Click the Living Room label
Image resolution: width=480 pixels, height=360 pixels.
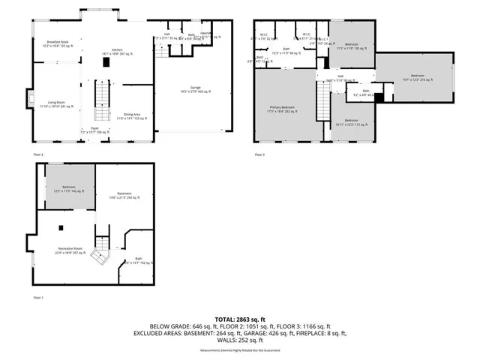tap(55, 103)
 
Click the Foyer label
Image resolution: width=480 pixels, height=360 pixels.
tap(94, 129)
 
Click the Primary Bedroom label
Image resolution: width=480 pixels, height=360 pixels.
tap(283, 109)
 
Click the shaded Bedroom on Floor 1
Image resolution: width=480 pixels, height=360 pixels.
tap(69, 190)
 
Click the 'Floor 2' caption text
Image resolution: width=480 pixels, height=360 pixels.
tap(39, 154)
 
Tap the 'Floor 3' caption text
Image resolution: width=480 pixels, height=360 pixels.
tap(259, 154)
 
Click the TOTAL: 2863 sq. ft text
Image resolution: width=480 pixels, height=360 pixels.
tap(240, 319)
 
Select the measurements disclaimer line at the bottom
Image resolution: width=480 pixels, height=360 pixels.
tap(240, 350)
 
